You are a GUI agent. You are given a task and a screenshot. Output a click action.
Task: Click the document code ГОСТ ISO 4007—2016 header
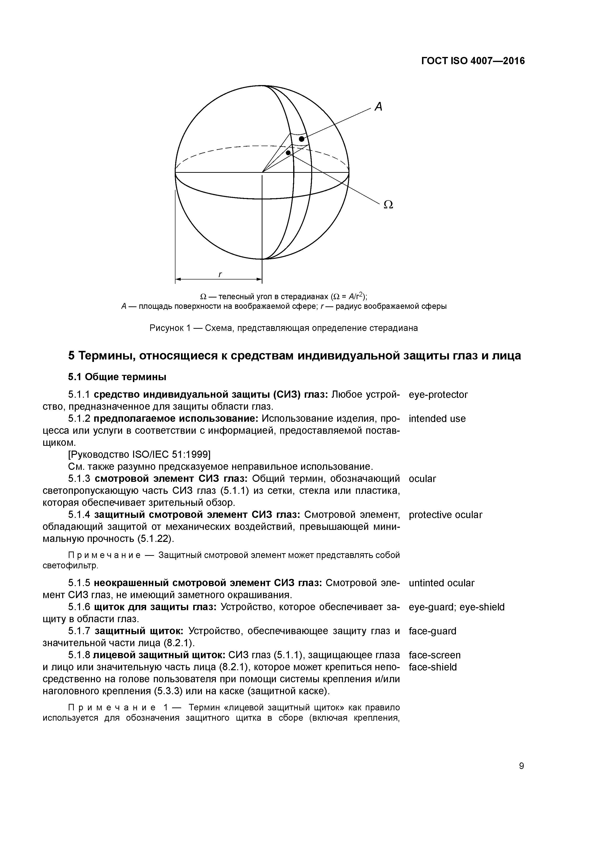point(473,61)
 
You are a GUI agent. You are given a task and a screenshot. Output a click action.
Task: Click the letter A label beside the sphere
point(378,107)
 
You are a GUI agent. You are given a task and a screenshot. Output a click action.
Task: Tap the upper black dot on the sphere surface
point(302,139)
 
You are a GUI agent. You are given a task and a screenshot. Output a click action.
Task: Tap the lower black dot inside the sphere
point(289,152)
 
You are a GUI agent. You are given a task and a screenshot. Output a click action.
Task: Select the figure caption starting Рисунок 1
point(284,328)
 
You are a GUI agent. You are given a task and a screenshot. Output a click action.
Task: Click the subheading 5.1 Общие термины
point(117,377)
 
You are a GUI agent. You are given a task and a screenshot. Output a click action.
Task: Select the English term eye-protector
point(438,395)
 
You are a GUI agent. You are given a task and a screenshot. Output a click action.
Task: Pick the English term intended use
point(437,419)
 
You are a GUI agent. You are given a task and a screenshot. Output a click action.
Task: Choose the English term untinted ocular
point(441,583)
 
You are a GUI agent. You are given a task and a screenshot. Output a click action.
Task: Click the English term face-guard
point(432,631)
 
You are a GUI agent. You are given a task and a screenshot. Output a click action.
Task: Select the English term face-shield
point(433,667)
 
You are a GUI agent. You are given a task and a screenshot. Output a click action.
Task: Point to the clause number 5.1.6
point(79,607)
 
